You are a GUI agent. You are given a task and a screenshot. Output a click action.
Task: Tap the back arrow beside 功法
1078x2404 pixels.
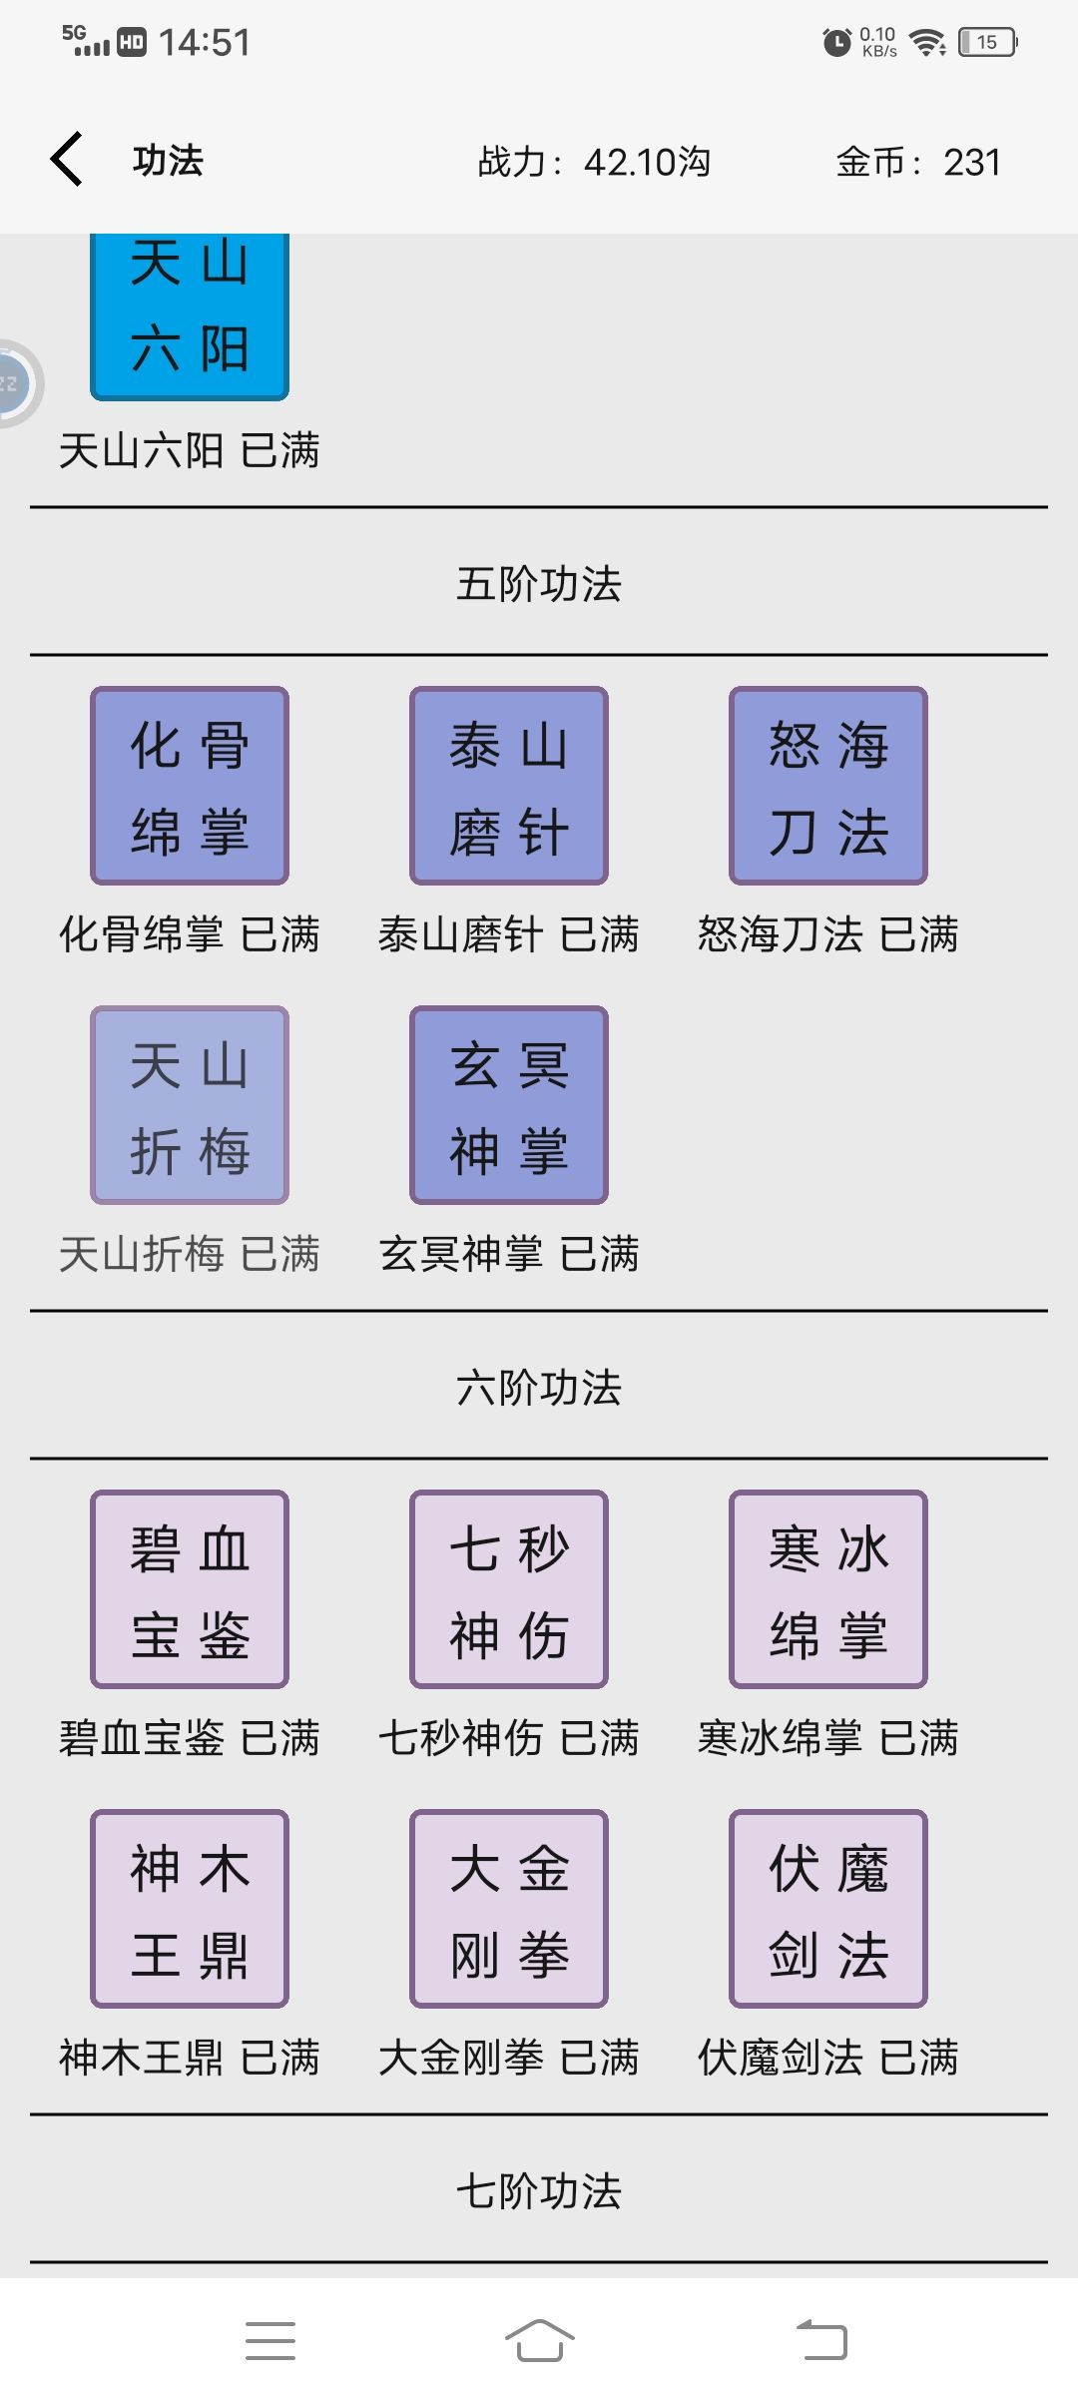67,160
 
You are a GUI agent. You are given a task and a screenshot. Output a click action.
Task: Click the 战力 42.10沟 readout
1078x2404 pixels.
594,162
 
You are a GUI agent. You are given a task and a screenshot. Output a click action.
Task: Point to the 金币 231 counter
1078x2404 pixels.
918,162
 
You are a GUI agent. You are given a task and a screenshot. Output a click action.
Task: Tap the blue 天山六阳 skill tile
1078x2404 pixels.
190,316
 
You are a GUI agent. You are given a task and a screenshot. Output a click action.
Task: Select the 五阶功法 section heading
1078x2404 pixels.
539,584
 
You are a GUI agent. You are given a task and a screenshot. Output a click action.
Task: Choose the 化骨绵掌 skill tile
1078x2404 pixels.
190,786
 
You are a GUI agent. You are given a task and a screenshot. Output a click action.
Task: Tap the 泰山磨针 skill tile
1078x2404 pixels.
509,786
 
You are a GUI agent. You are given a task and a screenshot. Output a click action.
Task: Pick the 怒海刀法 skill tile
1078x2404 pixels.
828,786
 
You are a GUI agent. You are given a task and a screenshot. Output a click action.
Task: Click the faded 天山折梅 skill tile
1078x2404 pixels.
190,1105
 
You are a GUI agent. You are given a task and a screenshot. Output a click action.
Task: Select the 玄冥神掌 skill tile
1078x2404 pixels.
509,1105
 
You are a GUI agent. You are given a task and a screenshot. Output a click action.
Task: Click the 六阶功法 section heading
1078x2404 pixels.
539,1388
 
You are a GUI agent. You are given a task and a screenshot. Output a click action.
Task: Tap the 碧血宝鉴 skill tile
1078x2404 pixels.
190,1589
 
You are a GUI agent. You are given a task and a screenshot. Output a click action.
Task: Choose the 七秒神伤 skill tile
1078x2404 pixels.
509,1589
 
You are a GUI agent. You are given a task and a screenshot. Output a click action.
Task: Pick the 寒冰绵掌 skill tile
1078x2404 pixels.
828,1589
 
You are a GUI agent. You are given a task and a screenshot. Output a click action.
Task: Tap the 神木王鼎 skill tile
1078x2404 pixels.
190,1909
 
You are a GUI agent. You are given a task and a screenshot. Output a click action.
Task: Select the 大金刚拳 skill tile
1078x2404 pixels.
509,1909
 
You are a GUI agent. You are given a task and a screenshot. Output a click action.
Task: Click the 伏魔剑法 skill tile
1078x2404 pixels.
828,1909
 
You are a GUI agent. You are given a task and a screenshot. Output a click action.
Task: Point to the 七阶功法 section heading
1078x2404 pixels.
539,2191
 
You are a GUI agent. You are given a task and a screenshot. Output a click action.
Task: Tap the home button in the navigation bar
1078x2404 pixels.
540,2340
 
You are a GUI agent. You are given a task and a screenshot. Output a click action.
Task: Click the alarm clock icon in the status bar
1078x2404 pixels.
836,42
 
